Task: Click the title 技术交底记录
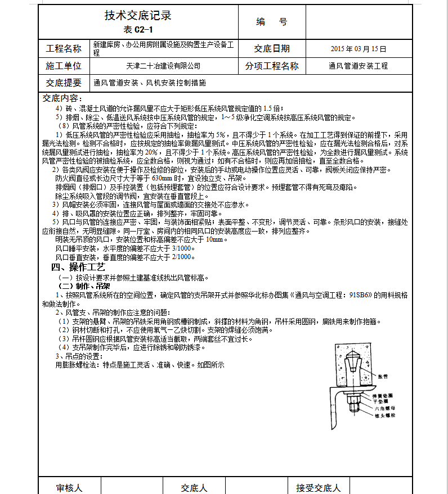138,16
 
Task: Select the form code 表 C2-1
138,30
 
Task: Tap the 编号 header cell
271,22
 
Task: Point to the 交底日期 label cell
272,49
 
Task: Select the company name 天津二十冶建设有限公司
164,66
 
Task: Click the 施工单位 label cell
64,66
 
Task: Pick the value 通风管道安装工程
359,66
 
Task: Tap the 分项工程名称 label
272,66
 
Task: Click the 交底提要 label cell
64,83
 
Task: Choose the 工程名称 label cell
64,49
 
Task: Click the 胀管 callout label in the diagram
383,375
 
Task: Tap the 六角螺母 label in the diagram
385,408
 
